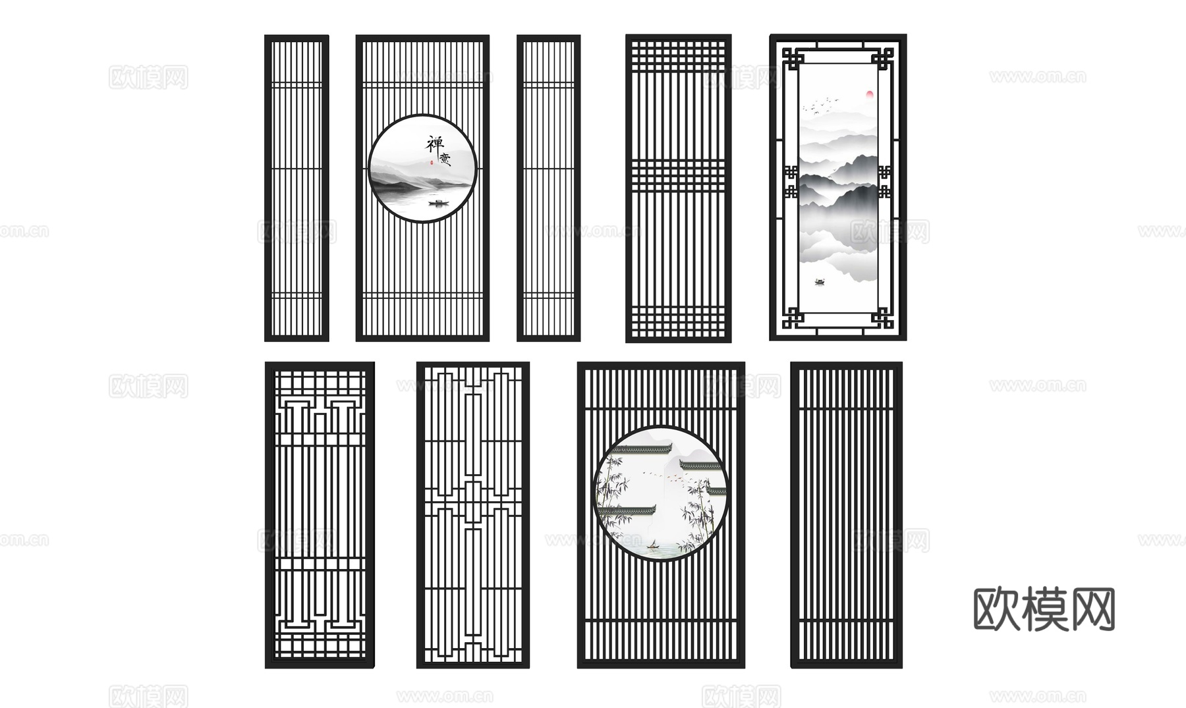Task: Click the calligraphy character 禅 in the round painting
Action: [x=435, y=144]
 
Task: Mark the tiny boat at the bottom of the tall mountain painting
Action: [x=820, y=282]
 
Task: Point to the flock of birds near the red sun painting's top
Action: [x=821, y=105]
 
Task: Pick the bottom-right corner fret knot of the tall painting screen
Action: [x=883, y=319]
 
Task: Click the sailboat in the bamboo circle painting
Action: [x=652, y=544]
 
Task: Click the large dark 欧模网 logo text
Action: [x=1044, y=609]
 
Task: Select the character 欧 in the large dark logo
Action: [x=996, y=609]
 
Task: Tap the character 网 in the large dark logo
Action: [x=1091, y=609]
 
